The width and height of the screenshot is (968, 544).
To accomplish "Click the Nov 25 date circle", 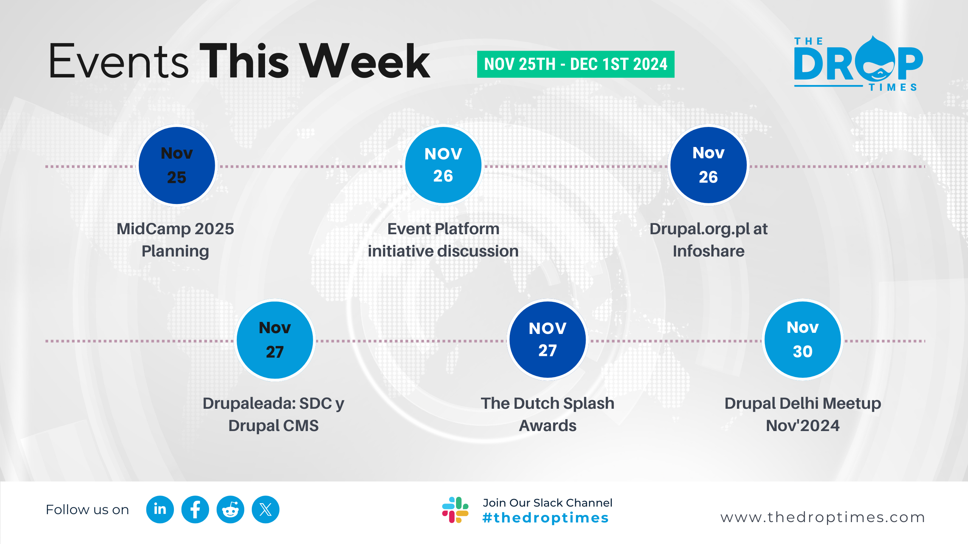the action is coord(177,165).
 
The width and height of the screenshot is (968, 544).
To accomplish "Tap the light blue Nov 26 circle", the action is coord(443,165).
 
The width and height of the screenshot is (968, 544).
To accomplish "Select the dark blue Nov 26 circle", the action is coord(708,165).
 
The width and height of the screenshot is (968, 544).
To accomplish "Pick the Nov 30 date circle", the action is coord(802,340).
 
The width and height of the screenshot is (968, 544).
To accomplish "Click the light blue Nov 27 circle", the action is coord(275,340).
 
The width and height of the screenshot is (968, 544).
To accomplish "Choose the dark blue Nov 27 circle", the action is coord(548,340).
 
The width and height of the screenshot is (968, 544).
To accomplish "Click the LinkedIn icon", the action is coord(160,510).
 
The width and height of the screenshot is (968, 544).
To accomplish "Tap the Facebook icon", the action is coord(195,510).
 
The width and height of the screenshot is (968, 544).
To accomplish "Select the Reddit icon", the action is coord(230,510).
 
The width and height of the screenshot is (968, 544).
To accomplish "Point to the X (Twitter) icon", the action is coord(265,510).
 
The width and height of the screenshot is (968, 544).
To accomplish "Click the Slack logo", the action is coord(455,510).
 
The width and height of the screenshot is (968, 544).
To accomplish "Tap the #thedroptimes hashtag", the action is coord(546,518).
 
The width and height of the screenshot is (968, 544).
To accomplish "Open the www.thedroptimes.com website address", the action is coord(823,517).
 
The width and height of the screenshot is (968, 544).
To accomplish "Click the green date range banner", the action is coord(576,64).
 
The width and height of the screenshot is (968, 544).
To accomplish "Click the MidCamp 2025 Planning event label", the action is coord(175,240).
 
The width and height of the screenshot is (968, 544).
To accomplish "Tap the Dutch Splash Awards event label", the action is coord(548,414).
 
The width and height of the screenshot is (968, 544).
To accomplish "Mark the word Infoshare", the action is coord(709,251).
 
